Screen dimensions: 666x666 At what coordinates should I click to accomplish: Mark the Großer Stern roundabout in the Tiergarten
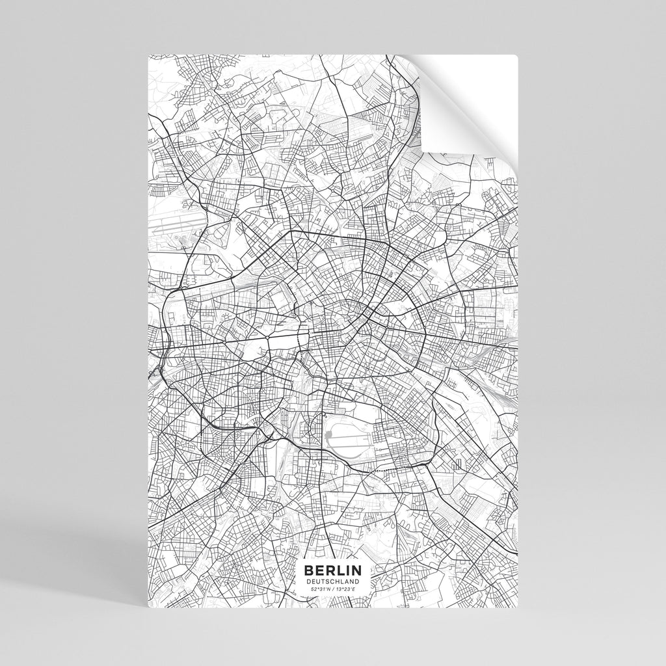269,338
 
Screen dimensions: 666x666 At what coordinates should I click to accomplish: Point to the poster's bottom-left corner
149,609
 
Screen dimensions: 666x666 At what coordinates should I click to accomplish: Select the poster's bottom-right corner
518,609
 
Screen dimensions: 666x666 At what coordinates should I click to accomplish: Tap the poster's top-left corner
149,56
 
